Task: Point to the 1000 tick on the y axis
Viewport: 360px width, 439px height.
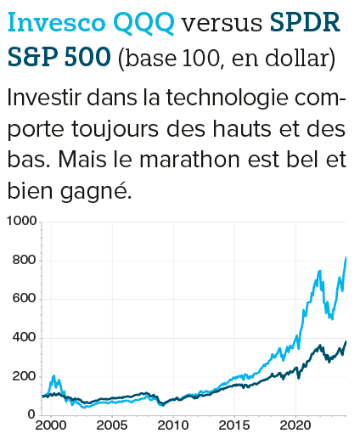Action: (x=21, y=222)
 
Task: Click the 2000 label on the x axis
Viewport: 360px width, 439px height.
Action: (x=53, y=424)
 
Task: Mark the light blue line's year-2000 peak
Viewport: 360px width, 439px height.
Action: (x=55, y=375)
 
